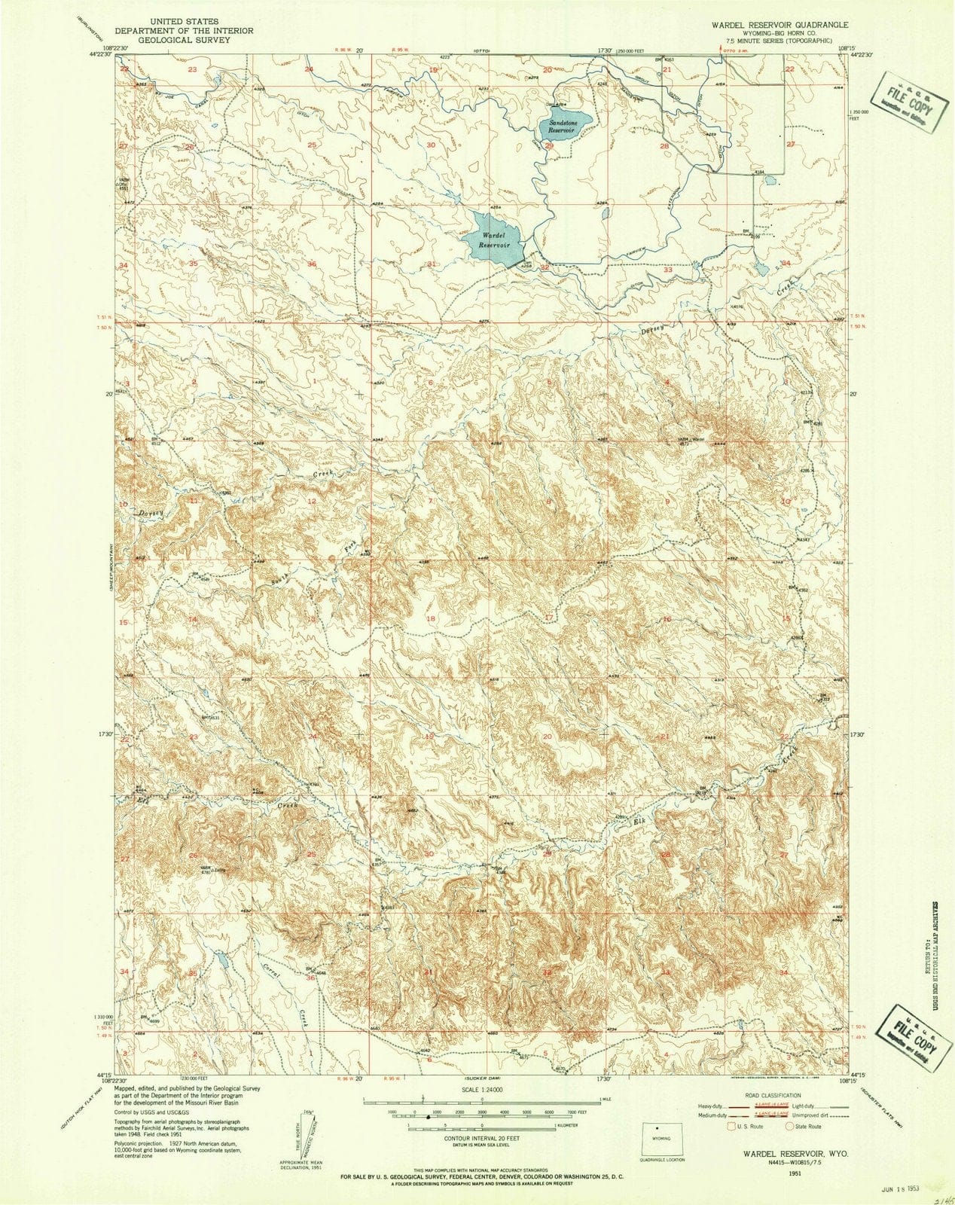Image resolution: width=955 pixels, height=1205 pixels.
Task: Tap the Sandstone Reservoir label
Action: (x=562, y=126)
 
